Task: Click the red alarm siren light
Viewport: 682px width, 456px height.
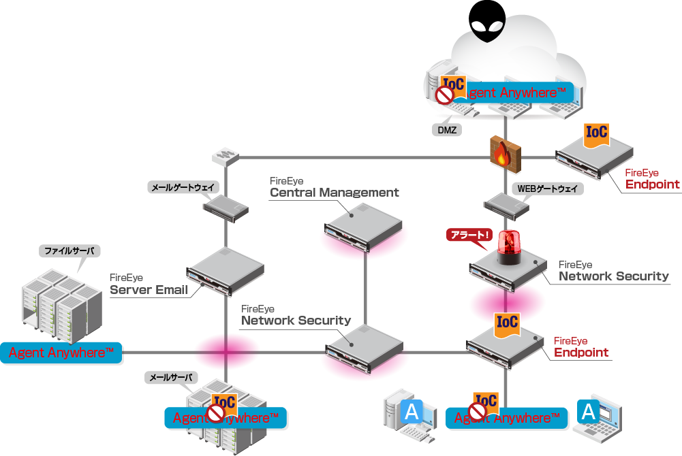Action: (508, 248)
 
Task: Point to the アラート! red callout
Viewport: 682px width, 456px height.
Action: (469, 235)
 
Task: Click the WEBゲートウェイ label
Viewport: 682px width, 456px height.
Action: (547, 189)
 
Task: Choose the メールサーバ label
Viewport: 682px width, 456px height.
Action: (172, 376)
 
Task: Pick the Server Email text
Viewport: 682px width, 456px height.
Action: (149, 291)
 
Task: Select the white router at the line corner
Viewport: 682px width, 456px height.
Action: (225, 157)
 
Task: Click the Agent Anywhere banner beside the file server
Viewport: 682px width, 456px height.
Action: (61, 353)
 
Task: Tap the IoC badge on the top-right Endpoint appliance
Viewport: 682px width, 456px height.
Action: (596, 133)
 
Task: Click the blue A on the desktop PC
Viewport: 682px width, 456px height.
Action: (412, 410)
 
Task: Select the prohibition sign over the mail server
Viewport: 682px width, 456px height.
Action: (217, 413)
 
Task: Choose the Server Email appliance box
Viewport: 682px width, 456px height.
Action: (224, 270)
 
